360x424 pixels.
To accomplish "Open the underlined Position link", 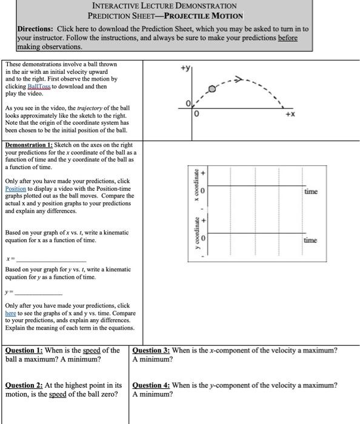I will coord(15,189).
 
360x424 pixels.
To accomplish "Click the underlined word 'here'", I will coord(11,313).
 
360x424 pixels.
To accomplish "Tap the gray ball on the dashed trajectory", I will coord(212,89).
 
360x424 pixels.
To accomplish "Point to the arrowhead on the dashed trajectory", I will coord(239,78).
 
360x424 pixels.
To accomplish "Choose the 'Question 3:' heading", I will coord(151,350).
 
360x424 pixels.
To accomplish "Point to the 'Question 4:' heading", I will coord(151,385).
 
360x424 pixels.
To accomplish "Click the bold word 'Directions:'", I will coord(35,29).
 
